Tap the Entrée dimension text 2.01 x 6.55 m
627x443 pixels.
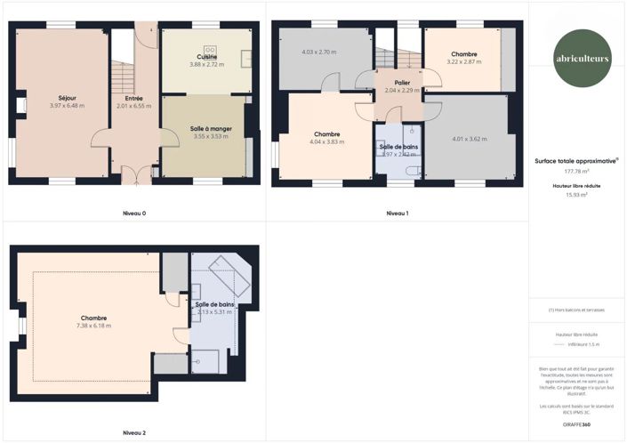tap(133, 106)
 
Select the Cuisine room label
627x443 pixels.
tap(207, 57)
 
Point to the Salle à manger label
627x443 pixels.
tap(211, 129)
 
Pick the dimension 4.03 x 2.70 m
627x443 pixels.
tap(320, 52)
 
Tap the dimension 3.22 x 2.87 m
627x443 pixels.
tap(463, 62)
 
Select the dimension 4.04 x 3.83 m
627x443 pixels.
tap(326, 141)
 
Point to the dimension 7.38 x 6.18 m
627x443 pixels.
tap(94, 326)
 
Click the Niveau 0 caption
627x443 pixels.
tap(133, 213)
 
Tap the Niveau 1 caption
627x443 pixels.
tap(398, 213)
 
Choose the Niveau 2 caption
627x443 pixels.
tap(133, 432)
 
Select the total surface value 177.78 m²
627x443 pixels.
tap(576, 172)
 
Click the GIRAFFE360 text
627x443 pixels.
tap(576, 424)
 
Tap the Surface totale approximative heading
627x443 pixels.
tap(576, 161)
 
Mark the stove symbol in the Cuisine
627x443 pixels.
tap(211, 49)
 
